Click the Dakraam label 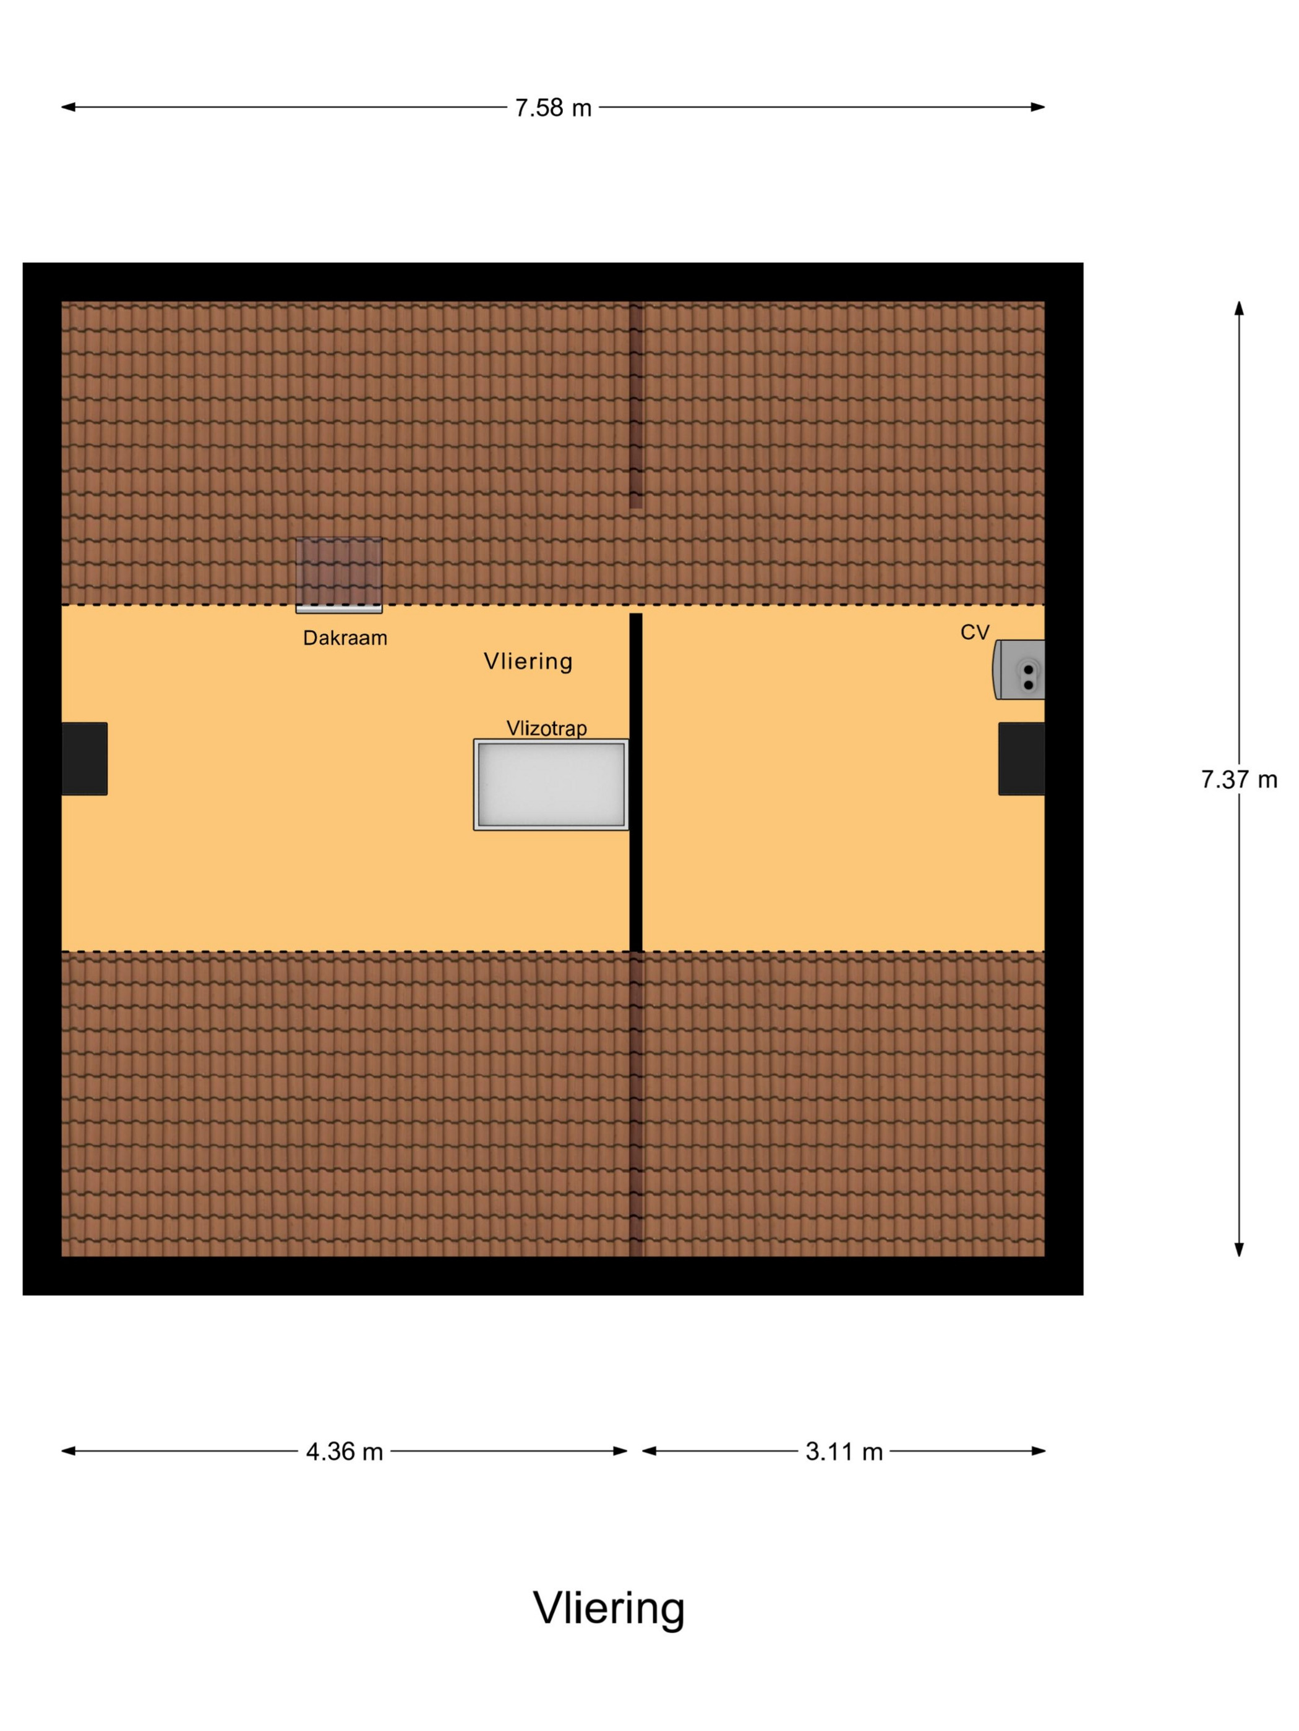point(345,638)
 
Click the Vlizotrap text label point(547,728)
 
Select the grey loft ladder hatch point(551,785)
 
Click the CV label point(975,632)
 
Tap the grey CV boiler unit point(1019,670)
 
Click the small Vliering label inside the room point(528,661)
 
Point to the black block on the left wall point(85,759)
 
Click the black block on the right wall point(1022,759)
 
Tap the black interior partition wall point(636,783)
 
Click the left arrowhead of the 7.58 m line point(68,107)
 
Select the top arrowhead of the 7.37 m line point(1239,308)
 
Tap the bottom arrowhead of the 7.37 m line point(1239,1250)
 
